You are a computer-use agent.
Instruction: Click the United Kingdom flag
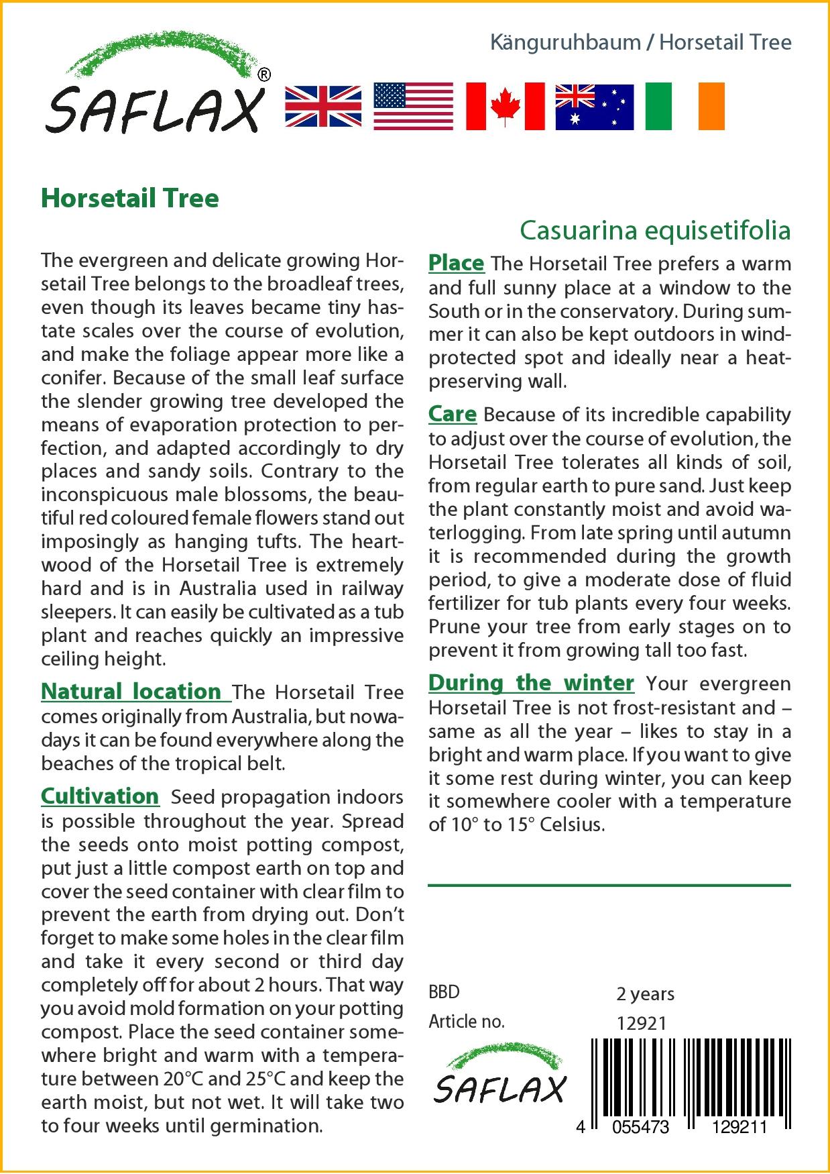click(323, 106)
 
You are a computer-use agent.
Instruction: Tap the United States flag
click(413, 106)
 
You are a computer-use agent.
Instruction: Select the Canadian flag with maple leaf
click(505, 106)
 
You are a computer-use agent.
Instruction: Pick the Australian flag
click(594, 106)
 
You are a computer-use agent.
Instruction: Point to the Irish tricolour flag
click(685, 106)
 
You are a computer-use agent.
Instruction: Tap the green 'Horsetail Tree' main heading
click(130, 199)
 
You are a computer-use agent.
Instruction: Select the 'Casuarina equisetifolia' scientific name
click(655, 230)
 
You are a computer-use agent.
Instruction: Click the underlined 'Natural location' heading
click(131, 692)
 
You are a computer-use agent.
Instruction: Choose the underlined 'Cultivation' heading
click(100, 796)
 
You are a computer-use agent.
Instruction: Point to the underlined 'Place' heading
click(456, 264)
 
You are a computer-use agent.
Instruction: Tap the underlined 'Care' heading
click(453, 414)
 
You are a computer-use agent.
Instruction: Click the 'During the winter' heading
click(531, 683)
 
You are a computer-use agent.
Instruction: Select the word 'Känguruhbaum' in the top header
click(565, 42)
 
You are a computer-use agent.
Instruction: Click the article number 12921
click(641, 1023)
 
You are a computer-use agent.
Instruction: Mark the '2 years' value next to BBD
click(645, 994)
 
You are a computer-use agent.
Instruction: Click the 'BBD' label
click(444, 992)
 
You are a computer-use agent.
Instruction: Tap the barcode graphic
click(691, 1080)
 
